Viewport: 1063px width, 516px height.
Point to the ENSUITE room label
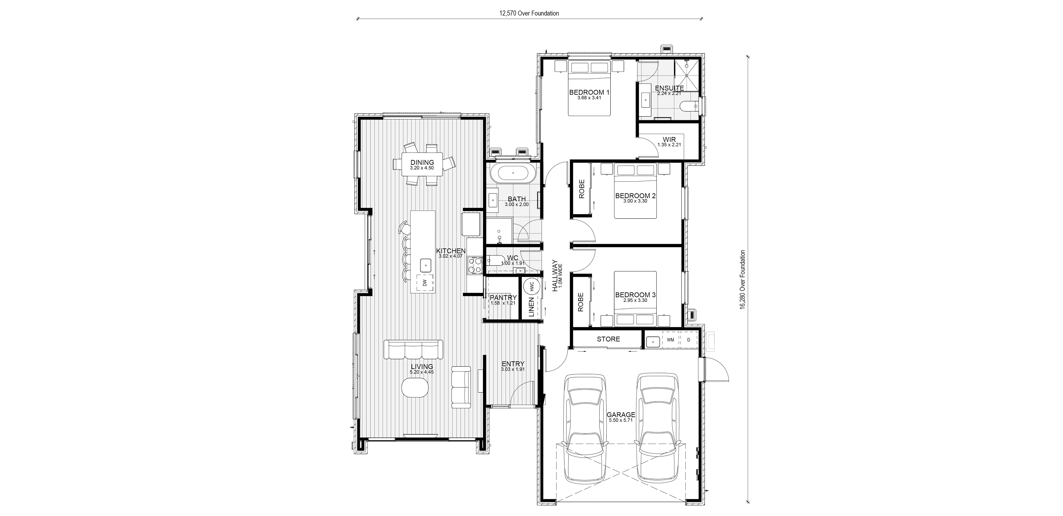(669, 88)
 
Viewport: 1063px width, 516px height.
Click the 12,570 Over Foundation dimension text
(529, 13)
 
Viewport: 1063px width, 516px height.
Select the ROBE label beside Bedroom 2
(582, 189)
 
